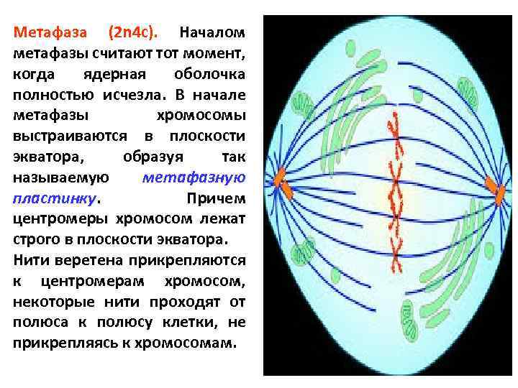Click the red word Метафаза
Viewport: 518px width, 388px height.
click(x=50, y=33)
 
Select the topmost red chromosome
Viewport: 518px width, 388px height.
click(x=394, y=130)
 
